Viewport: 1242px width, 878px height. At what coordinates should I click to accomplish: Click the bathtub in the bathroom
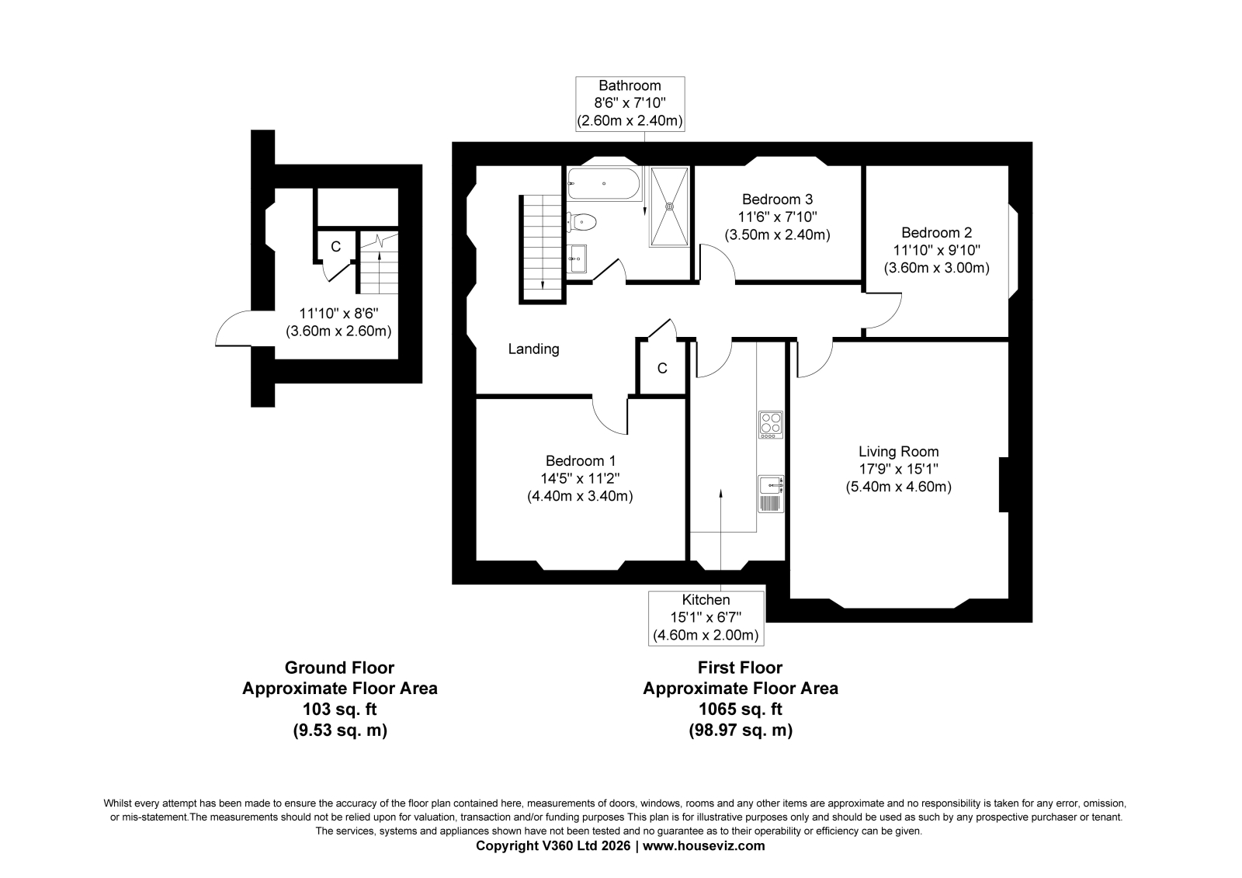pyautogui.click(x=604, y=183)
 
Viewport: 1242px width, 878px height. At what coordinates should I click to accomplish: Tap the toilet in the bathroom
pyautogui.click(x=581, y=223)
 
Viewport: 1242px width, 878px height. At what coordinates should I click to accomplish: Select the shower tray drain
pyautogui.click(x=669, y=206)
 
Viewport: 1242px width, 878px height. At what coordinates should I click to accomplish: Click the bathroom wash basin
pyautogui.click(x=578, y=259)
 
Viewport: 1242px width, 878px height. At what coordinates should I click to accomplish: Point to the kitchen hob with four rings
pyautogui.click(x=771, y=425)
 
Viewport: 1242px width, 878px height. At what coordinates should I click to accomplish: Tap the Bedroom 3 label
pyautogui.click(x=777, y=199)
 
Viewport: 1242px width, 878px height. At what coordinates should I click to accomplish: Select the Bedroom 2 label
pyautogui.click(x=936, y=232)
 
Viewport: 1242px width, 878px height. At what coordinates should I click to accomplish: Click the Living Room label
pyautogui.click(x=899, y=452)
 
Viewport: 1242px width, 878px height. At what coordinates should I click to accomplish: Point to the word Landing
pyautogui.click(x=534, y=349)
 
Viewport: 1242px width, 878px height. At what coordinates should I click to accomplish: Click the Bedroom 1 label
pyautogui.click(x=581, y=461)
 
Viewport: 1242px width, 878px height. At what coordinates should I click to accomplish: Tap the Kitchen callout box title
pyautogui.click(x=706, y=599)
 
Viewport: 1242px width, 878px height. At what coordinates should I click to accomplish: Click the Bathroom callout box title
pyautogui.click(x=630, y=85)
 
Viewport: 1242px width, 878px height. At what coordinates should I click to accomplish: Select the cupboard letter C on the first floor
pyautogui.click(x=662, y=368)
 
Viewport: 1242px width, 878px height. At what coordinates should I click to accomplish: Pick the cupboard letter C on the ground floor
pyautogui.click(x=335, y=247)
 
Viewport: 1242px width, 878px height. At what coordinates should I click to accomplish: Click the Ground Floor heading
pyautogui.click(x=339, y=668)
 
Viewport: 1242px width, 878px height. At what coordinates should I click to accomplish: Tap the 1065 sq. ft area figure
pyautogui.click(x=741, y=710)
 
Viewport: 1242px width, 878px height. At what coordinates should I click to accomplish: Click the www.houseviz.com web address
pyautogui.click(x=703, y=846)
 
